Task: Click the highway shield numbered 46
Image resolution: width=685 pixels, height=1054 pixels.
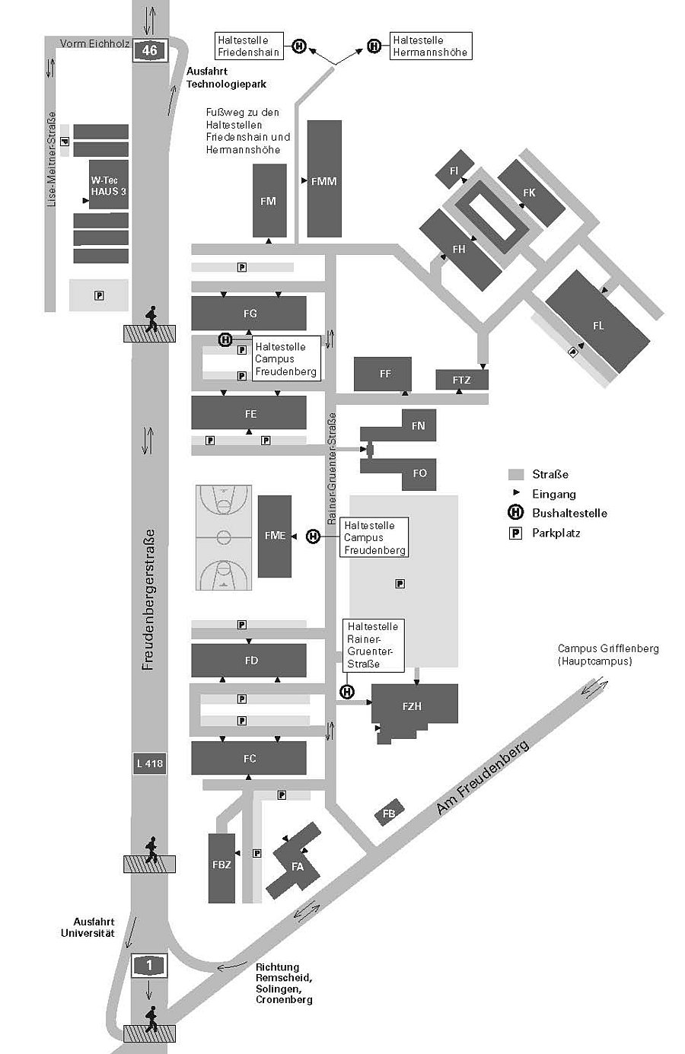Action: click(x=150, y=50)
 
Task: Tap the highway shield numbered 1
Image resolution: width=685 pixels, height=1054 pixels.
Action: click(x=149, y=966)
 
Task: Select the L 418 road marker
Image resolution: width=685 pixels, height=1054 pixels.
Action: click(x=150, y=763)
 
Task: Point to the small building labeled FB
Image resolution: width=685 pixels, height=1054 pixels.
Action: click(x=389, y=813)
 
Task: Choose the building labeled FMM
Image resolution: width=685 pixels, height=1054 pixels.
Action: click(x=324, y=179)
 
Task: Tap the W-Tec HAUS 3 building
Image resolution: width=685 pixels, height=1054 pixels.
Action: click(x=109, y=185)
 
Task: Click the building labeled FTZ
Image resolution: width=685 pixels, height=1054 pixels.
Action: click(x=461, y=380)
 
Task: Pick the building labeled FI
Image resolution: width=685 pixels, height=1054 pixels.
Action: click(x=454, y=170)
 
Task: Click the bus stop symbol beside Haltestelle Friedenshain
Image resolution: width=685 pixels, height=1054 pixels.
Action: click(x=299, y=46)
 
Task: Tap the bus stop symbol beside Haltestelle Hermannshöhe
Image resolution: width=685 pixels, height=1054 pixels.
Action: click(x=374, y=46)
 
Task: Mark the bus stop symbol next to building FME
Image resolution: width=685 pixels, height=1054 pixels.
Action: click(x=314, y=536)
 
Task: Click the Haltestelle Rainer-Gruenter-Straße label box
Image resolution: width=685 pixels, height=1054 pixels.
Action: click(x=374, y=645)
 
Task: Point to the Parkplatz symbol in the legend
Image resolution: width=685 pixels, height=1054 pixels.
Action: click(x=515, y=533)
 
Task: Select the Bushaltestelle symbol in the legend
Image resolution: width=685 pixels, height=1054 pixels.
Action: click(x=516, y=512)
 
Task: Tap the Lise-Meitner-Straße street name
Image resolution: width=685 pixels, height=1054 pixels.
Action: click(x=52, y=159)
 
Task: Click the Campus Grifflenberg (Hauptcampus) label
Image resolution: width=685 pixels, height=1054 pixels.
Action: click(x=608, y=654)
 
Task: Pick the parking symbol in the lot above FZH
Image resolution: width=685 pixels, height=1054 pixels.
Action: click(x=400, y=584)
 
